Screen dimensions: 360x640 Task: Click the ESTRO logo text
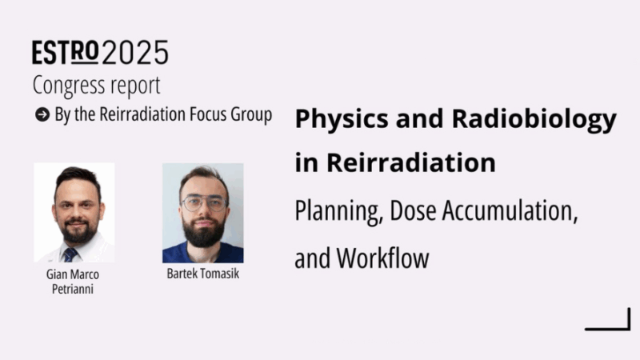pos(66,53)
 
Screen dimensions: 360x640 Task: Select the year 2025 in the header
pos(135,53)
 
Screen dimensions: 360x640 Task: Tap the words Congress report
pos(96,85)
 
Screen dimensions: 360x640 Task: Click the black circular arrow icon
pos(42,114)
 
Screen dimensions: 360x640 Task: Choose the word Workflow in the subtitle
pos(383,258)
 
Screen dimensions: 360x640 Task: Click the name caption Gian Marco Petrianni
pos(74,279)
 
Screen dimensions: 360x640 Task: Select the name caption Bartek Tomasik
pos(202,274)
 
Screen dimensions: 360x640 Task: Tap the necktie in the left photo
pos(70,254)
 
